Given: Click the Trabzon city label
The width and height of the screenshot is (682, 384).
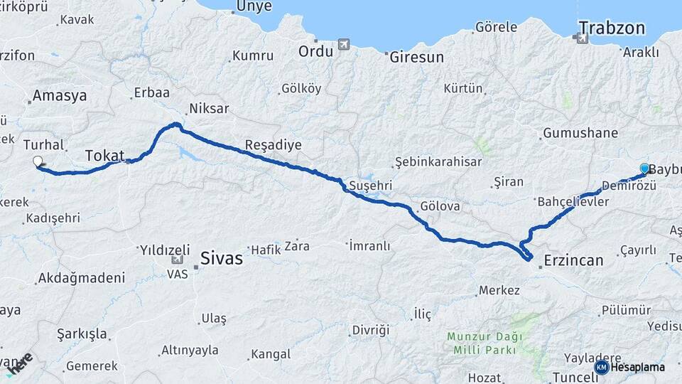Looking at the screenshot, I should click(612, 28).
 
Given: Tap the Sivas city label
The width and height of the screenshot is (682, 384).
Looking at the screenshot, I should click(221, 258).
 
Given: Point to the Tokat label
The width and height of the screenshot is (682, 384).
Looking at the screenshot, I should click(104, 155).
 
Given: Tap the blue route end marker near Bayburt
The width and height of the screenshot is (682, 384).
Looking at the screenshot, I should click(644, 169).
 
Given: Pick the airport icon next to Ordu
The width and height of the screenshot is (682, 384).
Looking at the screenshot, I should click(345, 45).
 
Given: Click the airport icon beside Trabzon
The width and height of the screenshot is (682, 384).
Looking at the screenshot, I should click(583, 38).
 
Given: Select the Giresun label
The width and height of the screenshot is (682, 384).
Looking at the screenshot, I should click(416, 57).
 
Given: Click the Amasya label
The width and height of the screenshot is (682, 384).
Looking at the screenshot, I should click(60, 95).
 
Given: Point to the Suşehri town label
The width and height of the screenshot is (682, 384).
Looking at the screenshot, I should click(370, 186).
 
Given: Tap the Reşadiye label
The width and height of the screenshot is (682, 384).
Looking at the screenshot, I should click(273, 145).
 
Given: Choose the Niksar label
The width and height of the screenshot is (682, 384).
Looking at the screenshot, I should click(208, 109).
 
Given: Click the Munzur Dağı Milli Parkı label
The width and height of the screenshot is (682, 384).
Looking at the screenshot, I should click(485, 343).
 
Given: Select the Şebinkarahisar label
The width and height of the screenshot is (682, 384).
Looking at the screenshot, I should click(438, 161).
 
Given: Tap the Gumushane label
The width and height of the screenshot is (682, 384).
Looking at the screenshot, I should click(580, 133).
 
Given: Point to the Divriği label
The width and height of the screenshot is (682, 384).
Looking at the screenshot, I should click(371, 331).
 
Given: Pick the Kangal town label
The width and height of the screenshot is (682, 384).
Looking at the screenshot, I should click(271, 353).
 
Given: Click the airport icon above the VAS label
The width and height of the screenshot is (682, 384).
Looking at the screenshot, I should click(174, 260).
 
